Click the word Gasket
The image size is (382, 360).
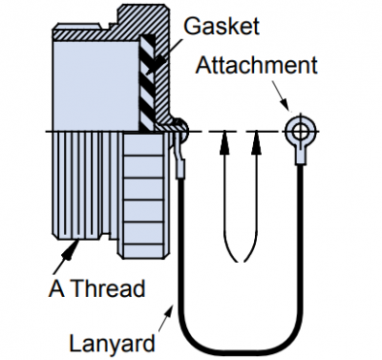point(222,26)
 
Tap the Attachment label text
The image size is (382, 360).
point(257,65)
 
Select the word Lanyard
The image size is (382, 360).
point(113,343)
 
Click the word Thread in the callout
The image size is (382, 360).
point(108,288)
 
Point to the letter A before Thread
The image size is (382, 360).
point(57,288)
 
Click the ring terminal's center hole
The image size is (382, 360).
point(300,131)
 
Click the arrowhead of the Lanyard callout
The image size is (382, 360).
point(170,310)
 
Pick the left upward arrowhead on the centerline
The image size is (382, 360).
point(224,142)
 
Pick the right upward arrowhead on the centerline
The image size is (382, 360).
point(256,142)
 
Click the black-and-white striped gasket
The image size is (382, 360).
point(147,82)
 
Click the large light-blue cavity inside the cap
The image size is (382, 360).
point(95,85)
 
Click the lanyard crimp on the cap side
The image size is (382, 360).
point(180,168)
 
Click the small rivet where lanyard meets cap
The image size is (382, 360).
point(180,128)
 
